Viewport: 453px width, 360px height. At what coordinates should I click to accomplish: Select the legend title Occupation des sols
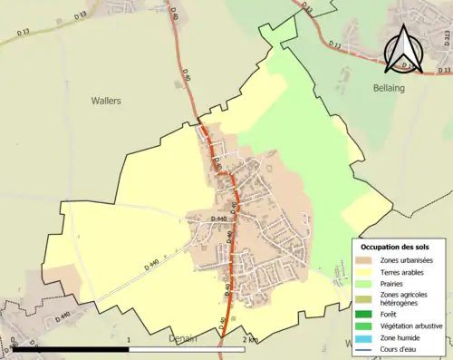(400, 247)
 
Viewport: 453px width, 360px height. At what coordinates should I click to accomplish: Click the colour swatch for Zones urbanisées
(365, 261)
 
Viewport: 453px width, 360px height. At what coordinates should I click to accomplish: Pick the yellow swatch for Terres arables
(365, 272)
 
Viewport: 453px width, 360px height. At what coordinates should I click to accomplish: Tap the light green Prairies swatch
(365, 283)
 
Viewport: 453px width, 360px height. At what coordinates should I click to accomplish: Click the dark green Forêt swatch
(365, 313)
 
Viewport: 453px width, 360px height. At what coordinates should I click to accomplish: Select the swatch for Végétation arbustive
(365, 325)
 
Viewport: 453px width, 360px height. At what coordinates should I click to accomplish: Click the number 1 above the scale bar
(130, 340)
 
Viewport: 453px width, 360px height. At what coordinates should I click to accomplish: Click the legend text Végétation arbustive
(406, 325)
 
